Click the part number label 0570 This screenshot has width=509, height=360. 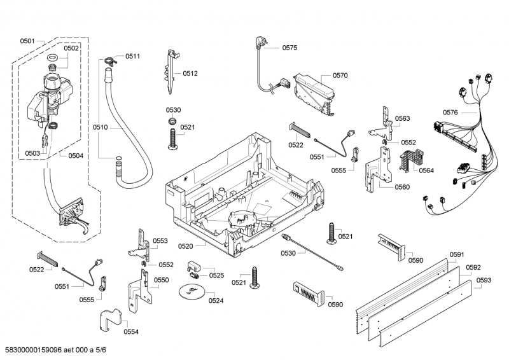click(x=340, y=76)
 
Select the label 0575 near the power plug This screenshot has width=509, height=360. click(x=289, y=48)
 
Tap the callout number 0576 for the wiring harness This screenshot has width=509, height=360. click(x=450, y=113)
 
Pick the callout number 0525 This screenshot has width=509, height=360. click(x=217, y=275)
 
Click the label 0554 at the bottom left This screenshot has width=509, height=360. click(x=131, y=331)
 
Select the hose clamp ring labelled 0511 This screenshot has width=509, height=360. click(x=109, y=61)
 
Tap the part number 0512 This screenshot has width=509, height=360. click(x=190, y=74)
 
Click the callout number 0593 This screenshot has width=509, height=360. click(x=484, y=280)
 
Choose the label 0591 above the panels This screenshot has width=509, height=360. click(x=457, y=254)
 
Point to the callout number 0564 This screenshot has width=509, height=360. click(x=426, y=170)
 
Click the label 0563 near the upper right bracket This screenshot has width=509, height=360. click(x=402, y=119)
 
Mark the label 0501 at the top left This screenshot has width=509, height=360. click(x=27, y=41)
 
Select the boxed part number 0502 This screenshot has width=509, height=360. click(x=71, y=48)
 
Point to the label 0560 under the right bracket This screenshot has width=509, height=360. click(x=402, y=187)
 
